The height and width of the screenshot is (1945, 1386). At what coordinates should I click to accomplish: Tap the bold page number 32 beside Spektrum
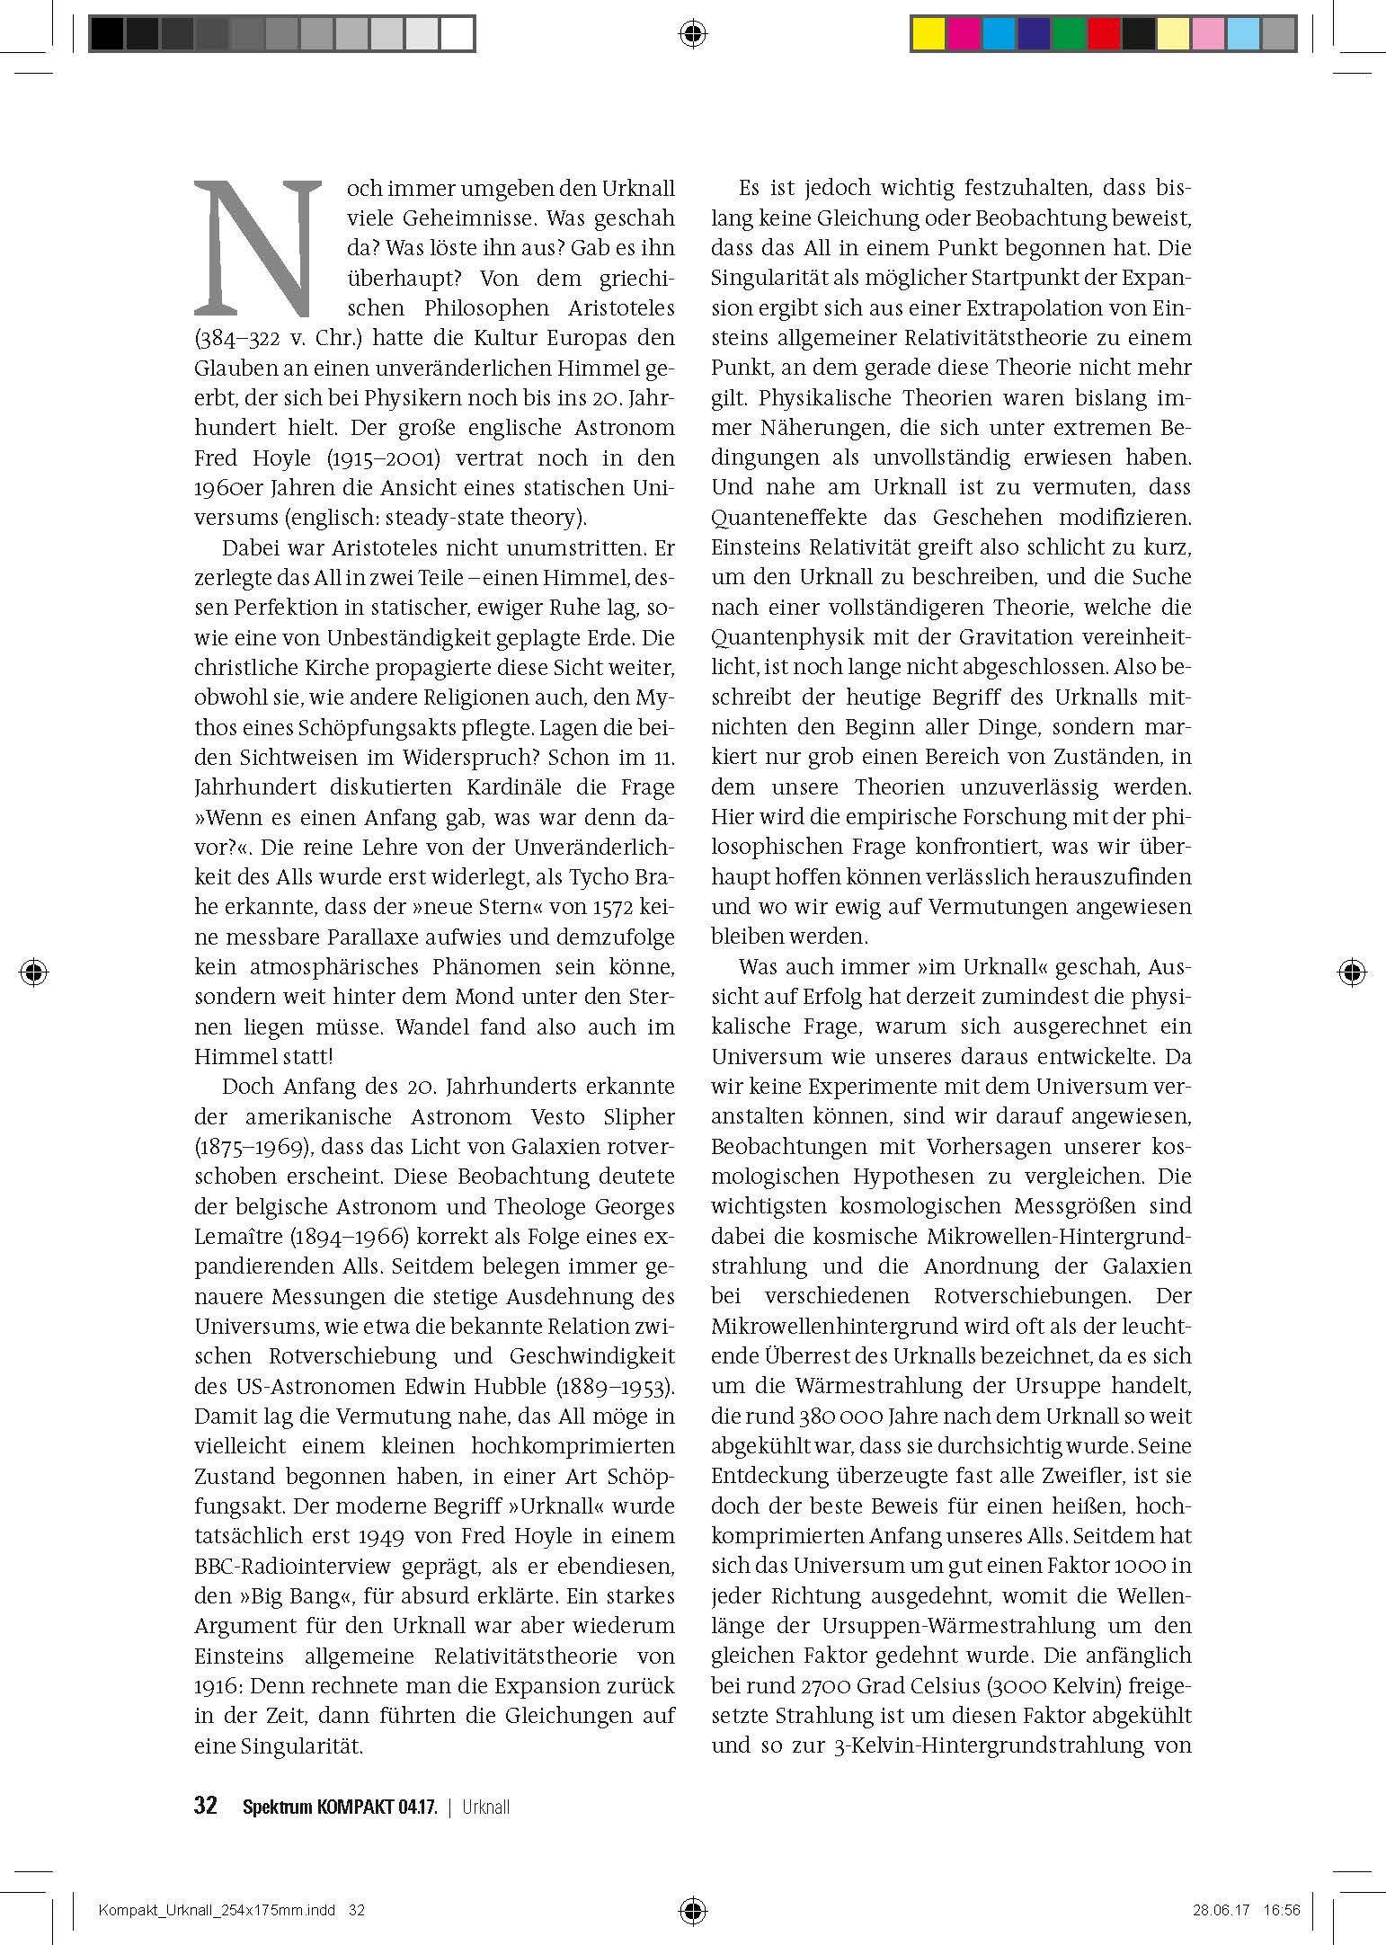point(206,1806)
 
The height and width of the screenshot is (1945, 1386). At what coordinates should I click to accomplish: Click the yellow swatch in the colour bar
point(928,34)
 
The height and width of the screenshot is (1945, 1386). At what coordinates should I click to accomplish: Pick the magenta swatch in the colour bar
point(964,34)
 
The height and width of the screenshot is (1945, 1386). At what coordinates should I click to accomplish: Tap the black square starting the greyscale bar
point(107,35)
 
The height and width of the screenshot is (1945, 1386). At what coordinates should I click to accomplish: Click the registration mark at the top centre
point(692,35)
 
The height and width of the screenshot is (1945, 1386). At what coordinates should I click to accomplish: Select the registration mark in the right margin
point(1351,972)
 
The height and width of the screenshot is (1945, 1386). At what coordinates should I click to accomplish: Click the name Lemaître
point(237,1237)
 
